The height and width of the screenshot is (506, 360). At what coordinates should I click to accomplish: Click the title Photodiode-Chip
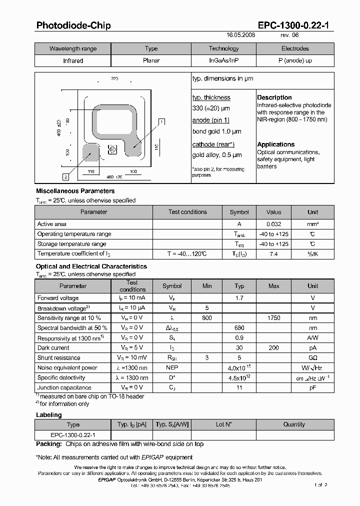[73, 25]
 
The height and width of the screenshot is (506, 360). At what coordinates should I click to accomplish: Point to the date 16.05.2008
[240, 36]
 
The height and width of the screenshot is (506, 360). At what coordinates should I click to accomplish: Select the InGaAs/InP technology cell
[223, 60]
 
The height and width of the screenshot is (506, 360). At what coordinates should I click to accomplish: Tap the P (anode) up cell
[295, 60]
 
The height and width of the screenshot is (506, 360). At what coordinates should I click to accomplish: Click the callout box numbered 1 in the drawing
[161, 121]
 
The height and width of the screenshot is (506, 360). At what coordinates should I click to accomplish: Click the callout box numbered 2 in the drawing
[65, 176]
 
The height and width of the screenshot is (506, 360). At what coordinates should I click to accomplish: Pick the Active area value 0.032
[273, 224]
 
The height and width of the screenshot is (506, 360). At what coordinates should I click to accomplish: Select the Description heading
[274, 97]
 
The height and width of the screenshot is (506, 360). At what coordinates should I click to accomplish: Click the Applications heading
[275, 144]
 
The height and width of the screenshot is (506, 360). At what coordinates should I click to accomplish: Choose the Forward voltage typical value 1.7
[239, 298]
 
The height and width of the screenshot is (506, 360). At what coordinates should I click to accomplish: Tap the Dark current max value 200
[273, 348]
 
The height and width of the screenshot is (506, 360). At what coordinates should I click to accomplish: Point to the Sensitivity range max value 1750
[273, 318]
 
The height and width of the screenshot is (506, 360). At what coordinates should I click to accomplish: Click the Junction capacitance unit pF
[312, 387]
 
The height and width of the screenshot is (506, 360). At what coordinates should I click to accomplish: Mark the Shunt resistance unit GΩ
[312, 358]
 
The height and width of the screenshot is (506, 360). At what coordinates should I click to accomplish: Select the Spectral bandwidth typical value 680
[239, 328]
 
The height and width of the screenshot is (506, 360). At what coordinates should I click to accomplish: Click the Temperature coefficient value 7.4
[273, 254]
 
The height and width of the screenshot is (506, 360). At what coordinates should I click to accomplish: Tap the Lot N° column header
[223, 424]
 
